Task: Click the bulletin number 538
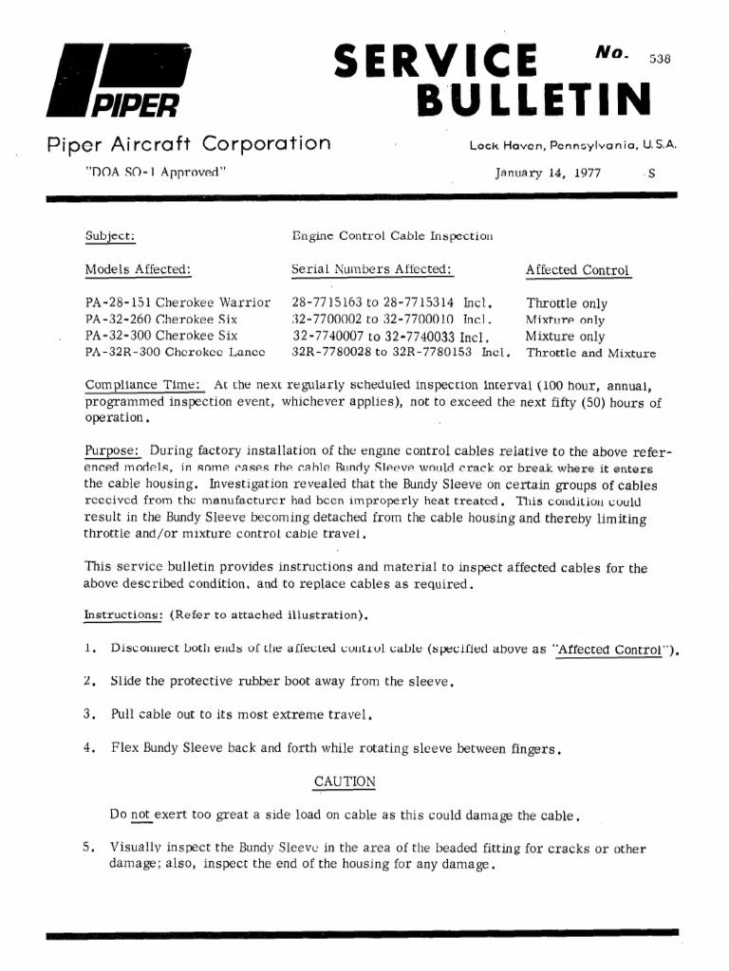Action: (659, 57)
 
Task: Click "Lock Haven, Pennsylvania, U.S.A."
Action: (572, 147)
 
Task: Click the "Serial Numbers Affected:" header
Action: (372, 270)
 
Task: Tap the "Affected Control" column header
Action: (578, 270)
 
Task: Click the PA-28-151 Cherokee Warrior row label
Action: (178, 303)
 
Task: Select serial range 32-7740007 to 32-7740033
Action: (390, 337)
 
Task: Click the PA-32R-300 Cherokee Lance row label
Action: (175, 353)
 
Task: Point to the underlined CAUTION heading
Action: (344, 781)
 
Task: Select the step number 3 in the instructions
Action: (88, 713)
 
